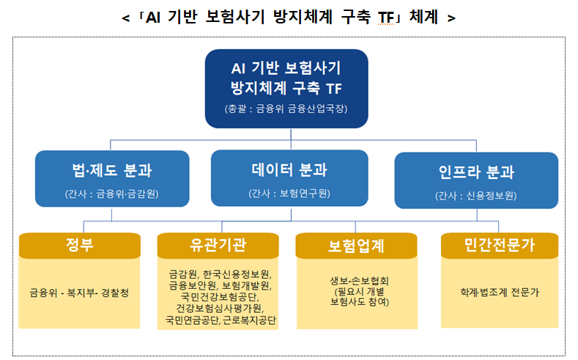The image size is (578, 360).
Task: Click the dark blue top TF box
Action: [x=286, y=89]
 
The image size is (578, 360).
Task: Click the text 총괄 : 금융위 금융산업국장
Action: [x=286, y=109]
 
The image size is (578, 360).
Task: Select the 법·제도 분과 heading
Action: [x=112, y=170]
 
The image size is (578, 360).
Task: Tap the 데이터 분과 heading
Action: [x=289, y=169]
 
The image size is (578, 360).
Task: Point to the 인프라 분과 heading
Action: [x=476, y=172]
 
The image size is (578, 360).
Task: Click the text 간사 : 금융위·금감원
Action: [x=111, y=194]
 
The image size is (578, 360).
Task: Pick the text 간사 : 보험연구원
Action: [x=289, y=194]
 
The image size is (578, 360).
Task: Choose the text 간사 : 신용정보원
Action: [x=476, y=196]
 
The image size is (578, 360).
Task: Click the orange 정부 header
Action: [x=80, y=246]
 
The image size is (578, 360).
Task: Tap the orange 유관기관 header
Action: [x=218, y=246]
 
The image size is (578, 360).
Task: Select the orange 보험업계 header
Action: [x=357, y=246]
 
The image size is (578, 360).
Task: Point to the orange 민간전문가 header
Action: [x=500, y=246]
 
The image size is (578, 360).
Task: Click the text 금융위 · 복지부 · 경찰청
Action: [x=79, y=293]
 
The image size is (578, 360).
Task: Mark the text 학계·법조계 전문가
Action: [x=500, y=293]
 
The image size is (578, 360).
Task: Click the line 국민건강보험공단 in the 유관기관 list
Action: [x=220, y=296]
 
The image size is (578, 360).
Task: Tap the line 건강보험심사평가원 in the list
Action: [x=220, y=308]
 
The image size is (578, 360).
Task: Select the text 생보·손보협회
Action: [x=360, y=281]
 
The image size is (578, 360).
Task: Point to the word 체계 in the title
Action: [x=423, y=18]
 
